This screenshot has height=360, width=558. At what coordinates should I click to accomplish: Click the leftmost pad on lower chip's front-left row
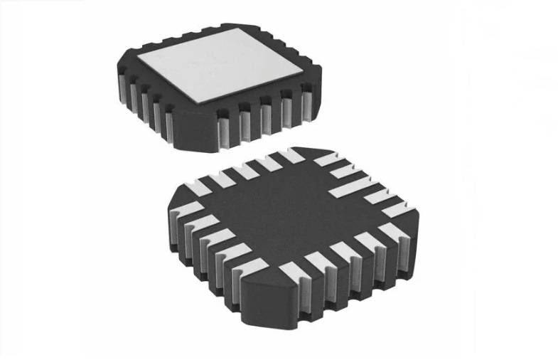[x=183, y=213]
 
